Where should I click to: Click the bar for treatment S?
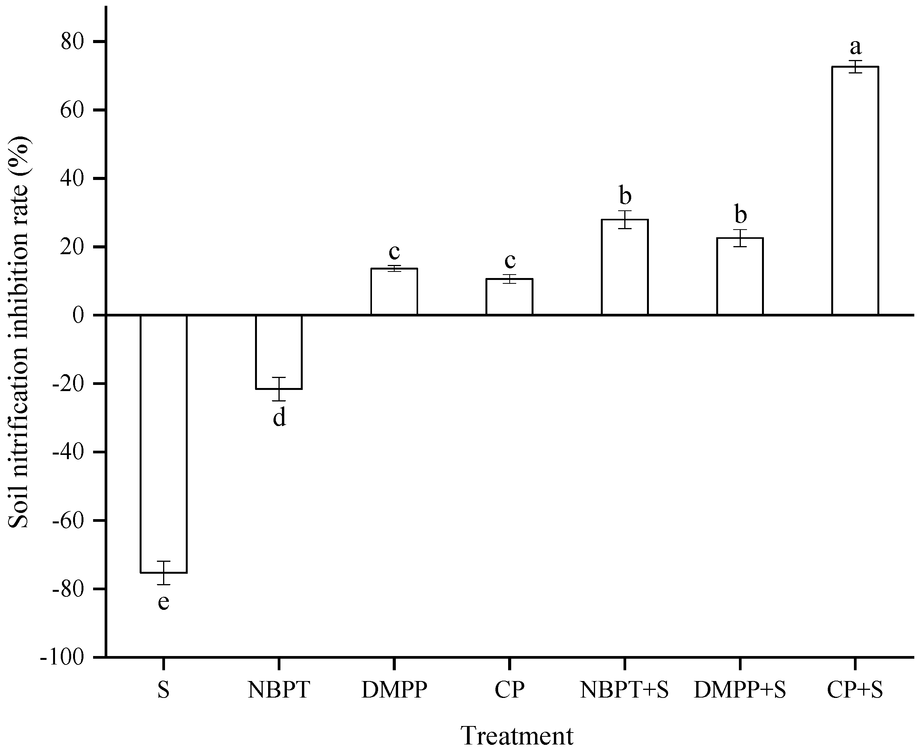(x=163, y=443)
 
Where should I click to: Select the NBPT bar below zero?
(x=278, y=352)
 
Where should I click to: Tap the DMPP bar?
(x=394, y=291)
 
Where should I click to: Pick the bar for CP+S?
(x=855, y=190)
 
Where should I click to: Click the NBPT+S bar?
(x=625, y=267)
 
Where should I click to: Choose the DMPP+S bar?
(x=740, y=276)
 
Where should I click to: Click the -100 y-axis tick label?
(x=67, y=658)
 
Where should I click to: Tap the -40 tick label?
(x=72, y=452)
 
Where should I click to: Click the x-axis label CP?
(x=510, y=690)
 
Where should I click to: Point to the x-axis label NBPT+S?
(x=625, y=690)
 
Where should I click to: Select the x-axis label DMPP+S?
(x=740, y=690)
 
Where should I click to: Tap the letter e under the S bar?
(x=163, y=602)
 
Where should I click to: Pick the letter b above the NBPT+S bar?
(x=625, y=195)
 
